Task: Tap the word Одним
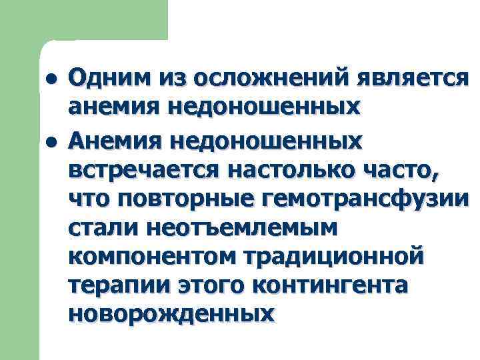coord(109,80)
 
